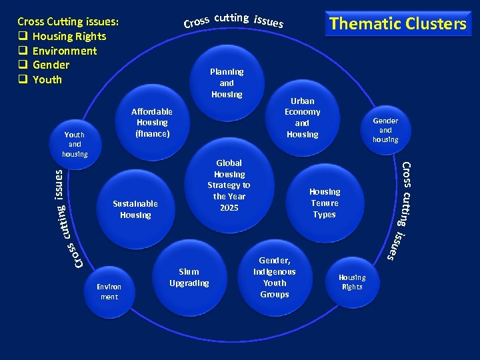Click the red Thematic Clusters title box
tap(397, 24)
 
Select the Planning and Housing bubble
tap(227, 83)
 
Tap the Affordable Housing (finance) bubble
tap(152, 123)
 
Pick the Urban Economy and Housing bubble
tap(302, 118)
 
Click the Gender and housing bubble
tap(385, 130)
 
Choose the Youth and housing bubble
tap(75, 144)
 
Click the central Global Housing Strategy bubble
tap(229, 185)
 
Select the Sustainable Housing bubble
tap(135, 209)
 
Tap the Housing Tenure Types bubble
tap(324, 203)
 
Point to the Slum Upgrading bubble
tap(189, 277)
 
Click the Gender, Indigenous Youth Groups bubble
tap(275, 277)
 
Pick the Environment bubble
tap(109, 291)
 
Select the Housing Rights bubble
tap(351, 282)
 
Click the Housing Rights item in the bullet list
tap(69, 36)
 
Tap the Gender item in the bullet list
tap(51, 65)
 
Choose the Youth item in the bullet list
tap(47, 79)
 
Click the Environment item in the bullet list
tap(64, 51)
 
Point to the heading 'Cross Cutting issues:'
tap(68, 21)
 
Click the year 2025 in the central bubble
tap(229, 208)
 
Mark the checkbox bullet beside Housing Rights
tap(22, 36)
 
